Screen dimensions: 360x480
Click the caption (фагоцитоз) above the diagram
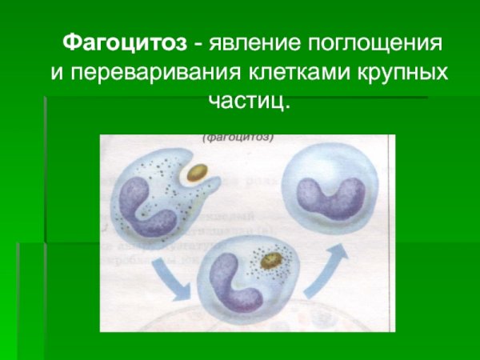click(x=239, y=136)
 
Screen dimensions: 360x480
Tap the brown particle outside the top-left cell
click(x=197, y=173)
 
